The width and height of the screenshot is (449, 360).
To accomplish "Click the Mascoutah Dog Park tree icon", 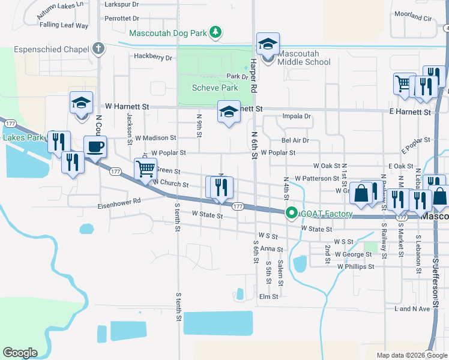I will click(217, 31).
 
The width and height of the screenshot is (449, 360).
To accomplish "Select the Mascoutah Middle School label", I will click(304, 58).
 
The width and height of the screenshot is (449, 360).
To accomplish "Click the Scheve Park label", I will click(215, 88).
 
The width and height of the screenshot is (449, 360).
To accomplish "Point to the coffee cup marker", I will click(95, 147).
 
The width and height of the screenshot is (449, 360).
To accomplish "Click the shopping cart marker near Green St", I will click(145, 169).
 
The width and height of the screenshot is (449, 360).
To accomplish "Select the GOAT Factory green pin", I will click(292, 212).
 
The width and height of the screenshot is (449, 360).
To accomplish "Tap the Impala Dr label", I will click(297, 116).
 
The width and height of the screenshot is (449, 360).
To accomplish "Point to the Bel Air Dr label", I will click(295, 140).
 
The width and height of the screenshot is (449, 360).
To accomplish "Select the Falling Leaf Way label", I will click(64, 25).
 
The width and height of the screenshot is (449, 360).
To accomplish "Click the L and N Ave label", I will click(412, 309).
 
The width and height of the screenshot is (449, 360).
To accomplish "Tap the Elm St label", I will click(268, 296).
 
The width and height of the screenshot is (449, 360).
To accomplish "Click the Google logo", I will click(20, 353).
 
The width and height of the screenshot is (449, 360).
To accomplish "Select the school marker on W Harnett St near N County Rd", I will click(81, 103).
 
